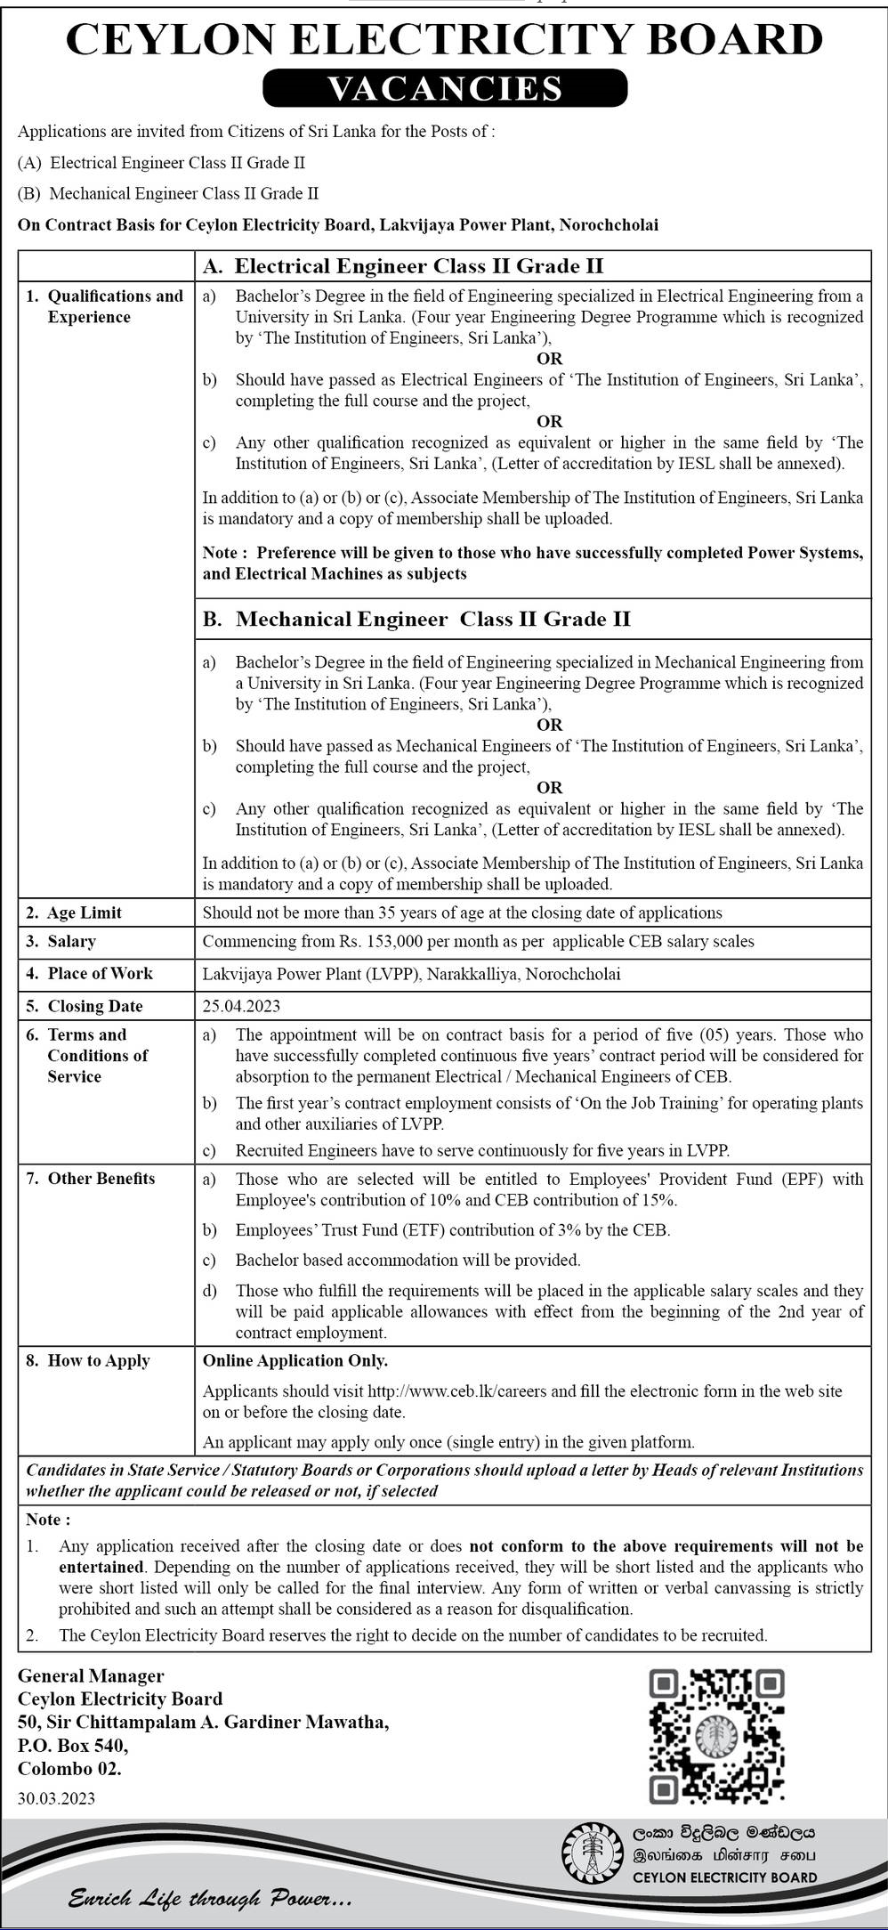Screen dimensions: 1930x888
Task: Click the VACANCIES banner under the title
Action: (x=445, y=88)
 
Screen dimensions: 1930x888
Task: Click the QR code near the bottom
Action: (x=716, y=1735)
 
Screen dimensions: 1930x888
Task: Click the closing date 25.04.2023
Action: (x=241, y=1006)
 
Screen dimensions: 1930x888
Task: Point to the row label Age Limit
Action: (x=85, y=912)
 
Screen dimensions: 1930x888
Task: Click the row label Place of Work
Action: (x=100, y=973)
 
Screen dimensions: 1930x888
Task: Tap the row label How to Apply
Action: (x=98, y=1360)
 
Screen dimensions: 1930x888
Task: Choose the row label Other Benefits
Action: (x=101, y=1178)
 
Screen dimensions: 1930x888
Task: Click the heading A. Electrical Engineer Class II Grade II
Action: (x=403, y=265)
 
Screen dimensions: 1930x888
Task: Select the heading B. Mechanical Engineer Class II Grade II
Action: (x=416, y=619)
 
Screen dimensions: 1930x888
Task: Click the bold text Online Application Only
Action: (x=295, y=1360)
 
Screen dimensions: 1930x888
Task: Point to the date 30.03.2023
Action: (x=56, y=1798)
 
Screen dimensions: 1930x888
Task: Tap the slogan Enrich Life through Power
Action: (x=210, y=1899)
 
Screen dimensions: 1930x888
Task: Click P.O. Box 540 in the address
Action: (x=73, y=1745)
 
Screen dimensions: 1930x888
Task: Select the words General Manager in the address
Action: (x=91, y=1675)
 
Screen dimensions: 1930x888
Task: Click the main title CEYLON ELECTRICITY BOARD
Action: (x=444, y=40)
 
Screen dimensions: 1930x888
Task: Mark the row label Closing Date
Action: (x=94, y=1006)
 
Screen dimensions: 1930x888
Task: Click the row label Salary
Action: (x=71, y=941)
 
